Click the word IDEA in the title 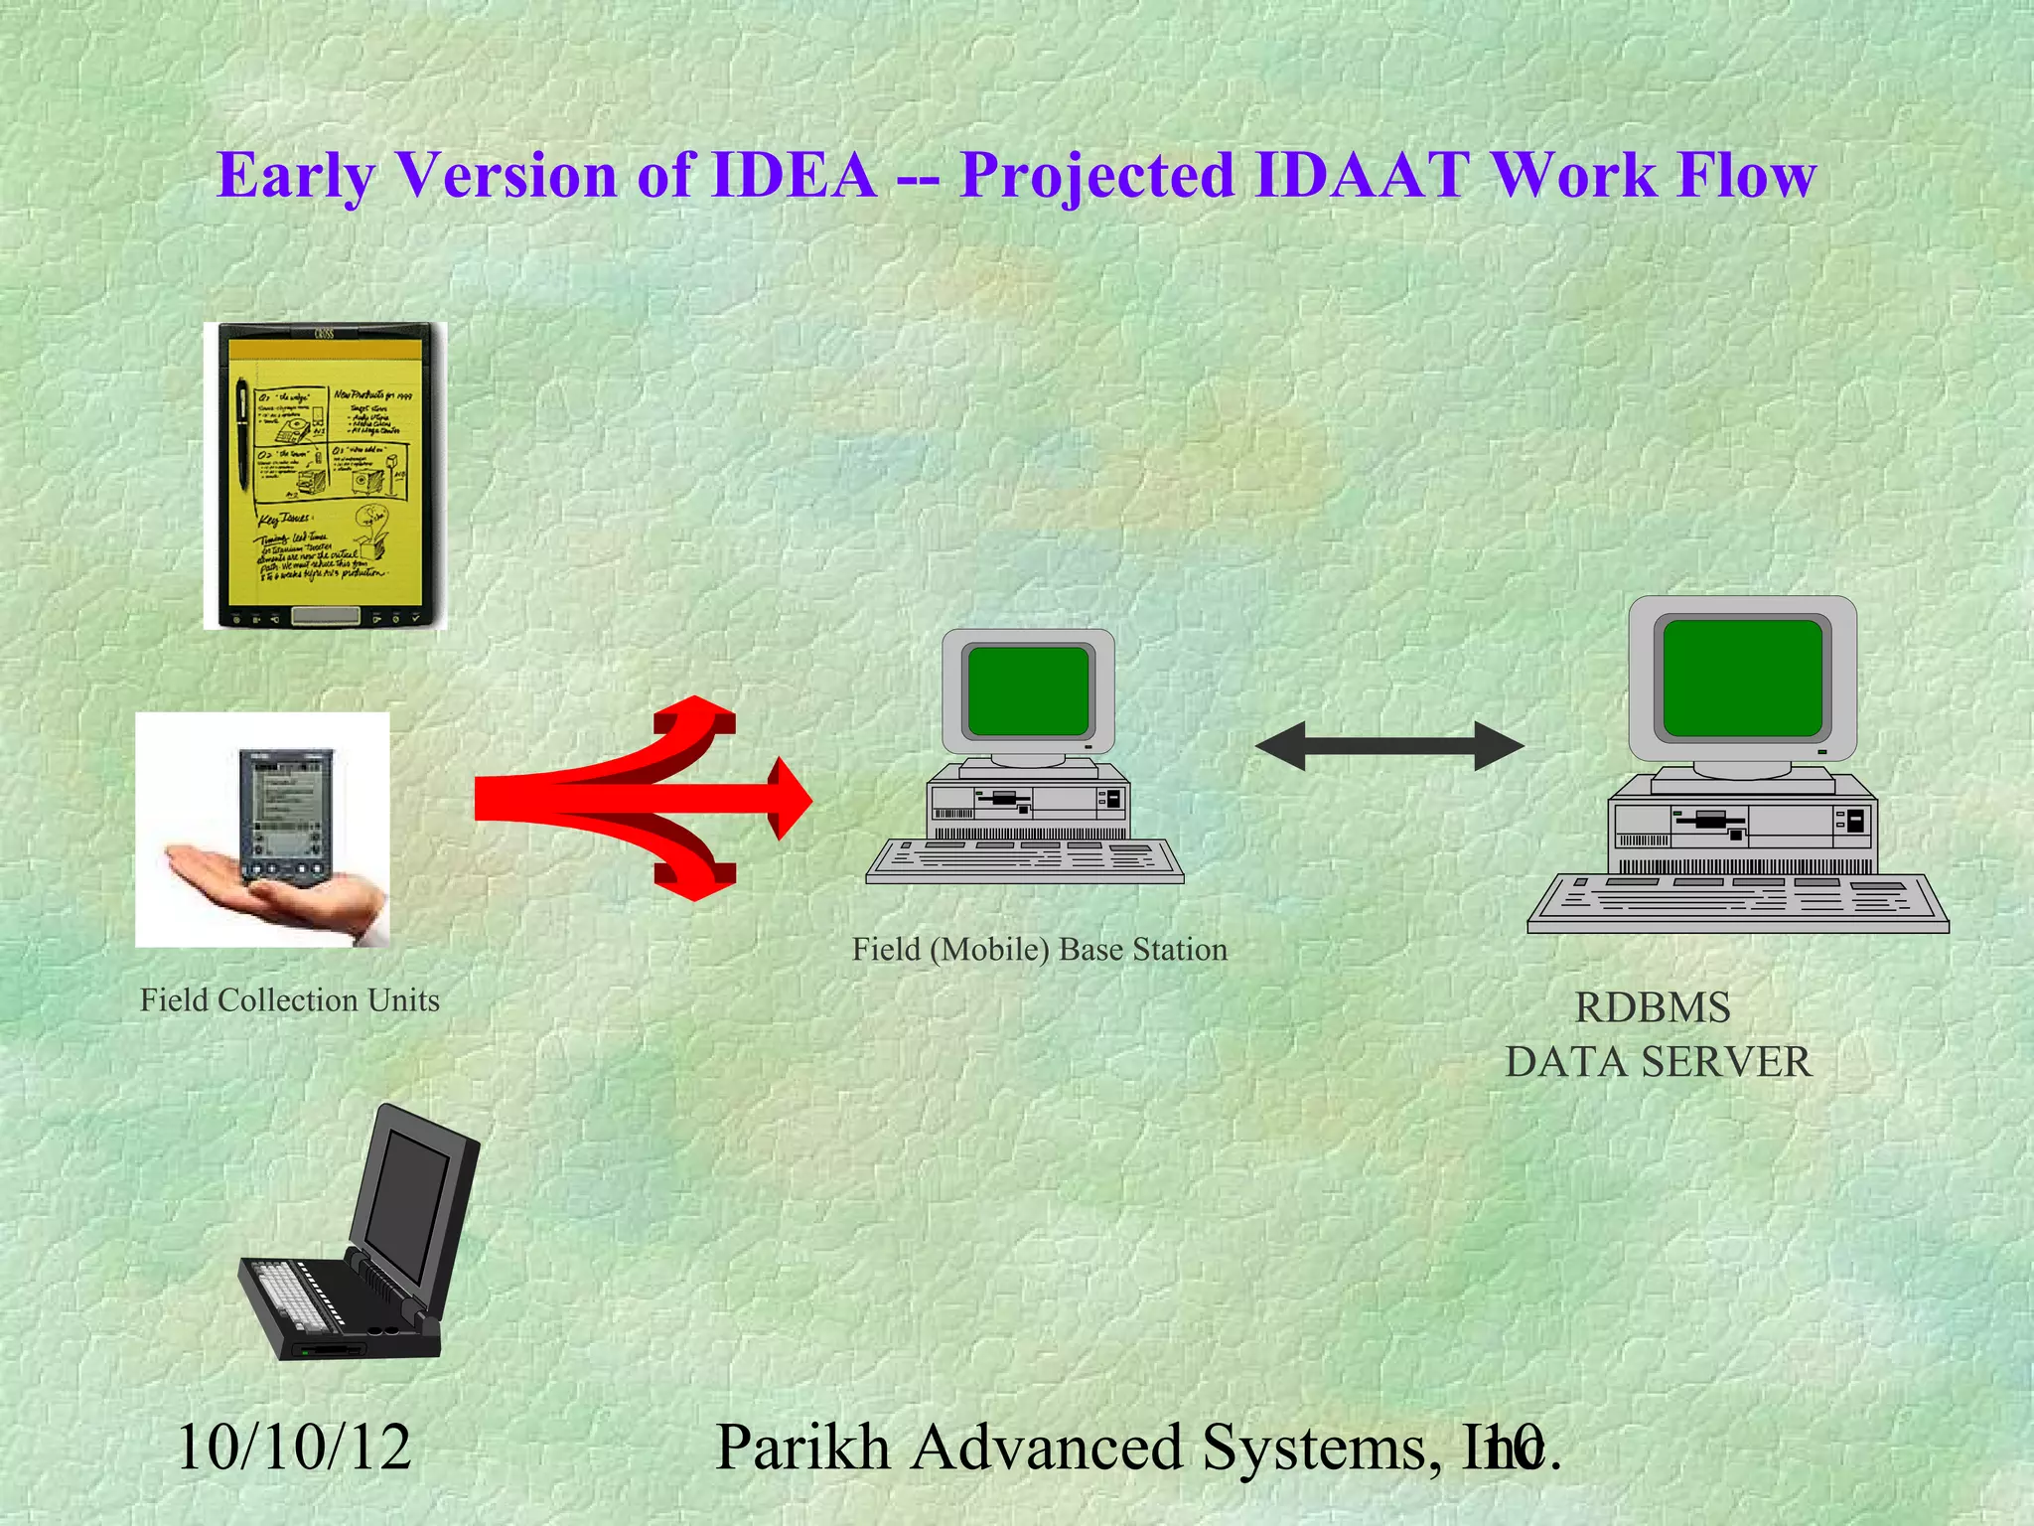[x=795, y=176]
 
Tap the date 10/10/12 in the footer [x=294, y=1448]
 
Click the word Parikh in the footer [x=802, y=1448]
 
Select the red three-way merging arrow [x=636, y=799]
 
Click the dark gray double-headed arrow [x=1389, y=746]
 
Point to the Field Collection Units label [x=290, y=1000]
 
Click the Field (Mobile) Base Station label [x=1040, y=950]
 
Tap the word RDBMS [x=1653, y=1008]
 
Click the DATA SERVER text [x=1659, y=1062]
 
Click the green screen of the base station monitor [x=1028, y=690]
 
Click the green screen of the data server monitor [x=1742, y=678]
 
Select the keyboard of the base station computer [x=1025, y=860]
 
